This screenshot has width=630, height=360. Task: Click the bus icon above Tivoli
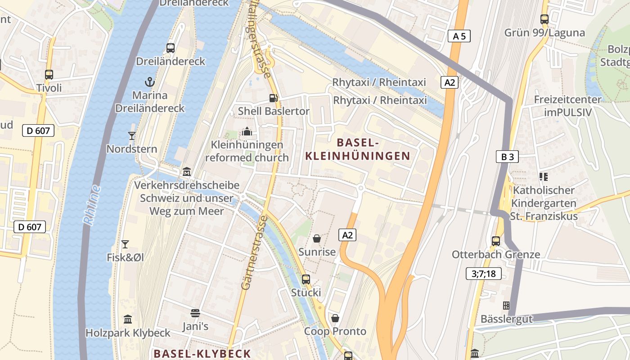click(x=49, y=75)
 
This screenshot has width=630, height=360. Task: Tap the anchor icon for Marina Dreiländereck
click(x=149, y=82)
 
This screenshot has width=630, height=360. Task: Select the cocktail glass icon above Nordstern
click(x=131, y=135)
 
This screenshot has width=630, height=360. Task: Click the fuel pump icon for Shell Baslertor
click(x=273, y=98)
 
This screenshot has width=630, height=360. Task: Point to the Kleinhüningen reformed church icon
click(x=247, y=131)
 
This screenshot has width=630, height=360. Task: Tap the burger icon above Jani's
click(x=195, y=313)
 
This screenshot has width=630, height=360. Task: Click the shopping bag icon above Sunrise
click(x=317, y=238)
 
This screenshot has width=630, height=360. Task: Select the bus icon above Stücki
click(x=306, y=279)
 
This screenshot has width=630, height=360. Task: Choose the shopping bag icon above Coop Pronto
click(x=335, y=318)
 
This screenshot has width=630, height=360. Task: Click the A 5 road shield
click(x=459, y=36)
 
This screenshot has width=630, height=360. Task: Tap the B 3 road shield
click(x=507, y=157)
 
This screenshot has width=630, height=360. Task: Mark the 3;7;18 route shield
click(x=484, y=273)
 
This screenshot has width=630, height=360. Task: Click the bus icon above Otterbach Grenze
click(x=495, y=241)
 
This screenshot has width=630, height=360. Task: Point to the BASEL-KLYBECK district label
click(x=202, y=353)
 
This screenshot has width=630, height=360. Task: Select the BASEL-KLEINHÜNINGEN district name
click(x=358, y=149)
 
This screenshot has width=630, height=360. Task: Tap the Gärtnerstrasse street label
click(x=254, y=252)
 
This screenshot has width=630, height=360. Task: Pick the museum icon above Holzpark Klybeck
click(x=128, y=319)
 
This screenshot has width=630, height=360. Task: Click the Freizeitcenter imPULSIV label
click(x=567, y=106)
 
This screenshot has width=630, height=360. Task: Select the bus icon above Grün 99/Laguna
click(x=544, y=19)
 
